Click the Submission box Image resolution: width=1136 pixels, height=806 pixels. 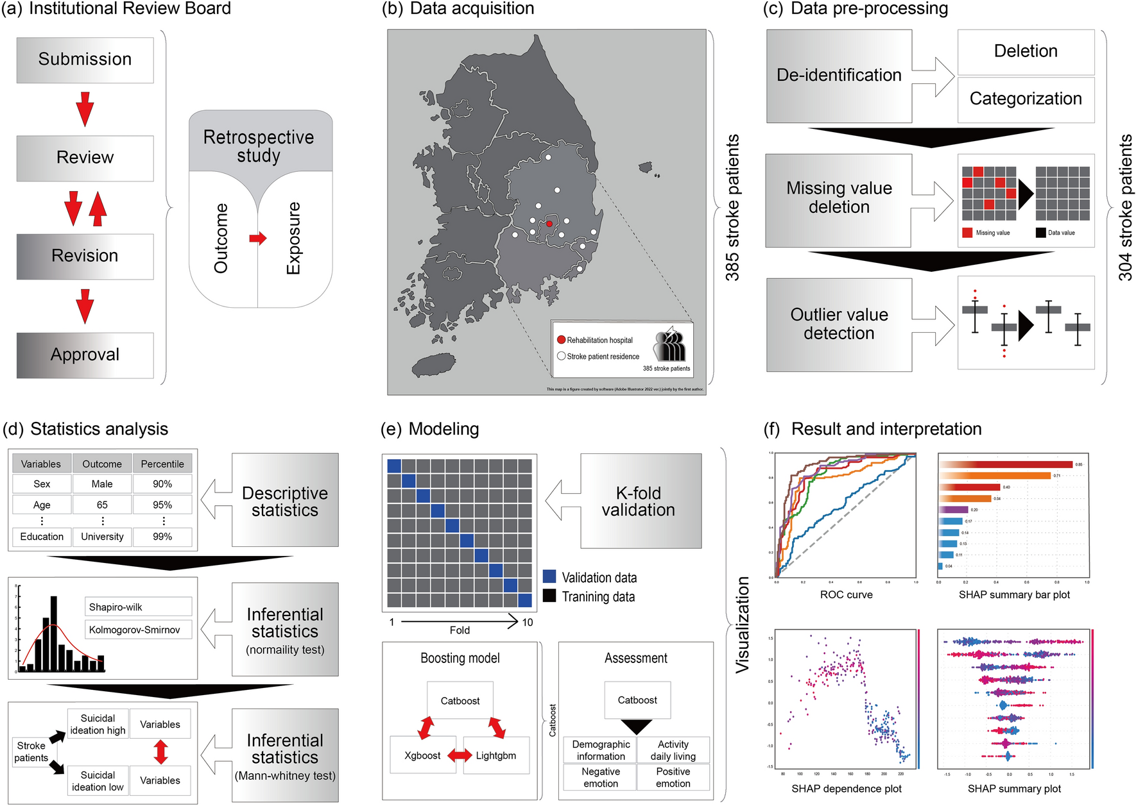(x=85, y=60)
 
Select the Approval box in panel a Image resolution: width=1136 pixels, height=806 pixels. (x=85, y=355)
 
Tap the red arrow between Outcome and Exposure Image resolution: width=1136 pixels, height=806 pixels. (x=258, y=239)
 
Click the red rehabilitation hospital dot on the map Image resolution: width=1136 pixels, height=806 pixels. (x=549, y=224)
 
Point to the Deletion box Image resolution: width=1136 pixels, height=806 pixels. (x=1026, y=51)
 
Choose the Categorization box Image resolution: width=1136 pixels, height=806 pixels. (x=1026, y=99)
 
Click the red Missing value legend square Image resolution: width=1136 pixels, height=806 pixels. (x=967, y=233)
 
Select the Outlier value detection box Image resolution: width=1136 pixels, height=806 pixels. (x=839, y=324)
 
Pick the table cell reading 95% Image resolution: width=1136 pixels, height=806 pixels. (x=162, y=505)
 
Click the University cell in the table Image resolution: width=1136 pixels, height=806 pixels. (x=102, y=537)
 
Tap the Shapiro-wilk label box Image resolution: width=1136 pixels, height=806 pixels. (x=138, y=607)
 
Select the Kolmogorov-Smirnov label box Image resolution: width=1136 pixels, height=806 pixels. (x=138, y=630)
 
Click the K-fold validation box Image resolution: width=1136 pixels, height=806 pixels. (x=640, y=501)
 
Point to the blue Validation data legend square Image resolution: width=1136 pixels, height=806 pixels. (x=549, y=576)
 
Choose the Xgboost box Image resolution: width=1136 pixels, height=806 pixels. (x=422, y=755)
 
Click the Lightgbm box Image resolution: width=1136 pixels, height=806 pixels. (x=496, y=755)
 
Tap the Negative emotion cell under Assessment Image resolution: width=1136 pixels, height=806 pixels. (x=601, y=777)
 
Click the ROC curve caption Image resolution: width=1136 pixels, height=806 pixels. (x=846, y=594)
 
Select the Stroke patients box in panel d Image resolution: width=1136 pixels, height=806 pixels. (x=31, y=751)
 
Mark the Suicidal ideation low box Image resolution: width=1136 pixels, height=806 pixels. (x=98, y=781)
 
